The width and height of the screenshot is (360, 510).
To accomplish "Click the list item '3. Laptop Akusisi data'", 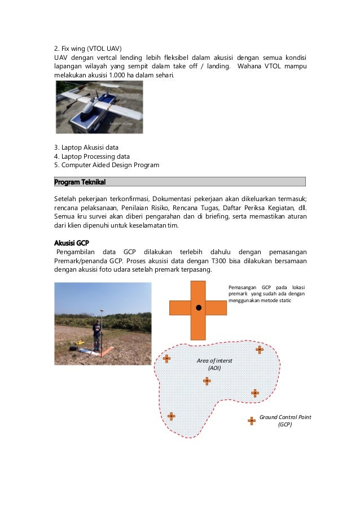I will [86, 147].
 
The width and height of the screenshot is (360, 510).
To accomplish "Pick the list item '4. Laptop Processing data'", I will [91, 156].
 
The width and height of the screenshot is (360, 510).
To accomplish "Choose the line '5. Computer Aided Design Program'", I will [106, 165].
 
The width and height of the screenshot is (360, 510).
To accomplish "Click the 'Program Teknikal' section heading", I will [80, 182].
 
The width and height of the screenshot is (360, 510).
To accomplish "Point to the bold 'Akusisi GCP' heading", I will [72, 243].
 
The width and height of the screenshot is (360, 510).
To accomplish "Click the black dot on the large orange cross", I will [199, 308].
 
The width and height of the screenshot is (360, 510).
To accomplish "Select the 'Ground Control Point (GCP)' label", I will [285, 420].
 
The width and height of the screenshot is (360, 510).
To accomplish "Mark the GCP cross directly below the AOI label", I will [207, 381].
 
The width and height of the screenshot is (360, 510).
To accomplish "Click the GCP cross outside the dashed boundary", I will [252, 420].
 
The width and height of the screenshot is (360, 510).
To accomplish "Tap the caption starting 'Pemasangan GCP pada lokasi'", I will [266, 294].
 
